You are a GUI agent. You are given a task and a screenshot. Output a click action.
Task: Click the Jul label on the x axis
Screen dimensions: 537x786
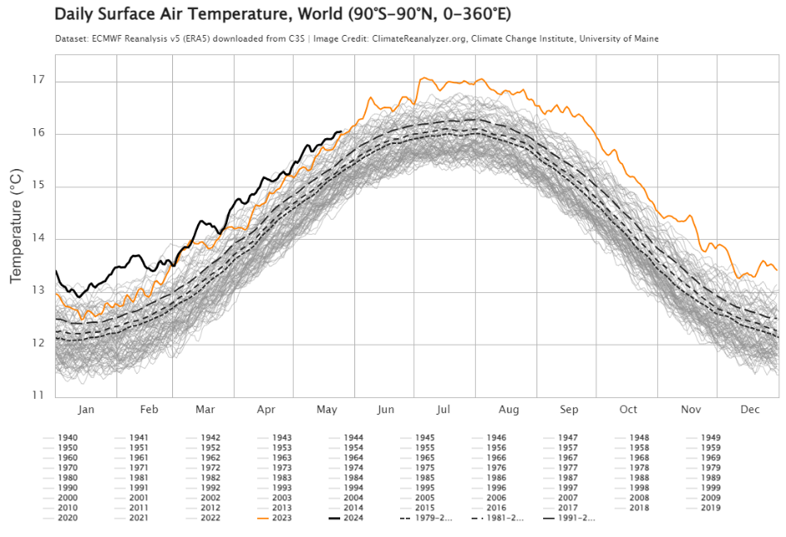(443, 410)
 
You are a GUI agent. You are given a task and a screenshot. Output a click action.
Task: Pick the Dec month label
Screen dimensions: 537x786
(750, 410)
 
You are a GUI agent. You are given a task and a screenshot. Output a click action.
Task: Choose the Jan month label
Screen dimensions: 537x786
(87, 410)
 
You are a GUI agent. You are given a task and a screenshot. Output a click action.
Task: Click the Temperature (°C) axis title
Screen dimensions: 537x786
(16, 225)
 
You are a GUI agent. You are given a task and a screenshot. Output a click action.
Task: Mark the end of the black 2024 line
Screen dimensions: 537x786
(341, 131)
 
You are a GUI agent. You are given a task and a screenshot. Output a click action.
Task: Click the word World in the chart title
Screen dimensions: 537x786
(281, 15)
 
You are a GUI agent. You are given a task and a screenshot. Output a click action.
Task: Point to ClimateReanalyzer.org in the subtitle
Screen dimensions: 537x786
(415, 38)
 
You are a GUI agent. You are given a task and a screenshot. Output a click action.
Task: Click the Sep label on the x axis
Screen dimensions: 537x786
(569, 410)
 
